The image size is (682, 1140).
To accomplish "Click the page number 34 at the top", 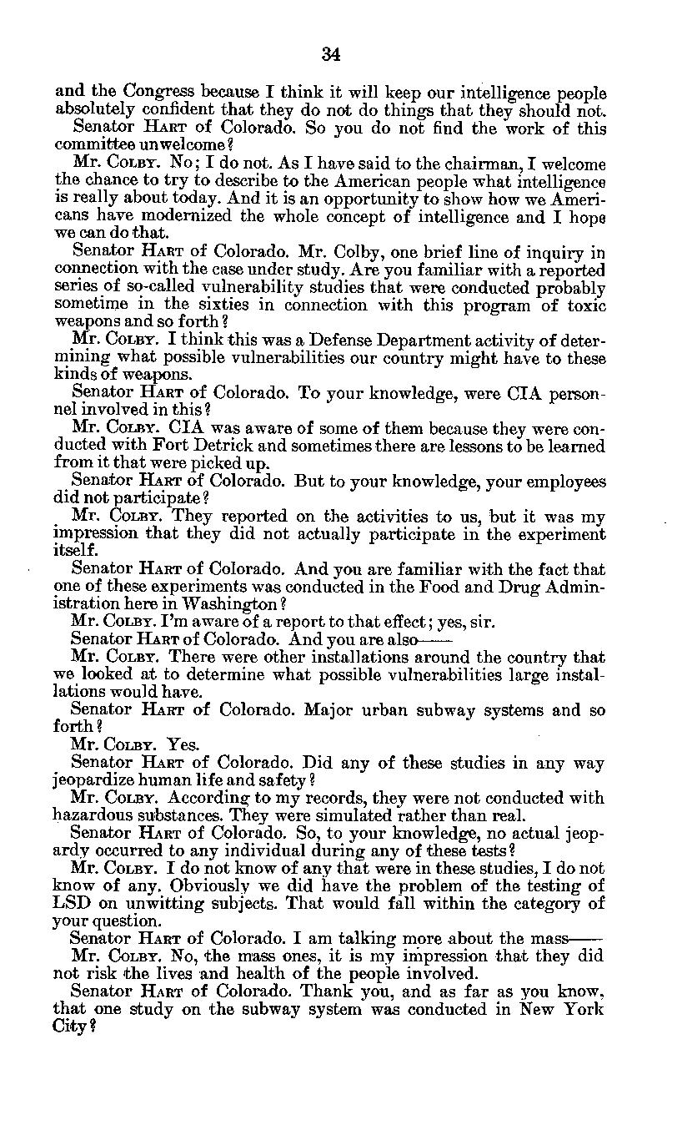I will (330, 55).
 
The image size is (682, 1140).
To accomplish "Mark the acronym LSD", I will (71, 903).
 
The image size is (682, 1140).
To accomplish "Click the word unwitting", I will (161, 903).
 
